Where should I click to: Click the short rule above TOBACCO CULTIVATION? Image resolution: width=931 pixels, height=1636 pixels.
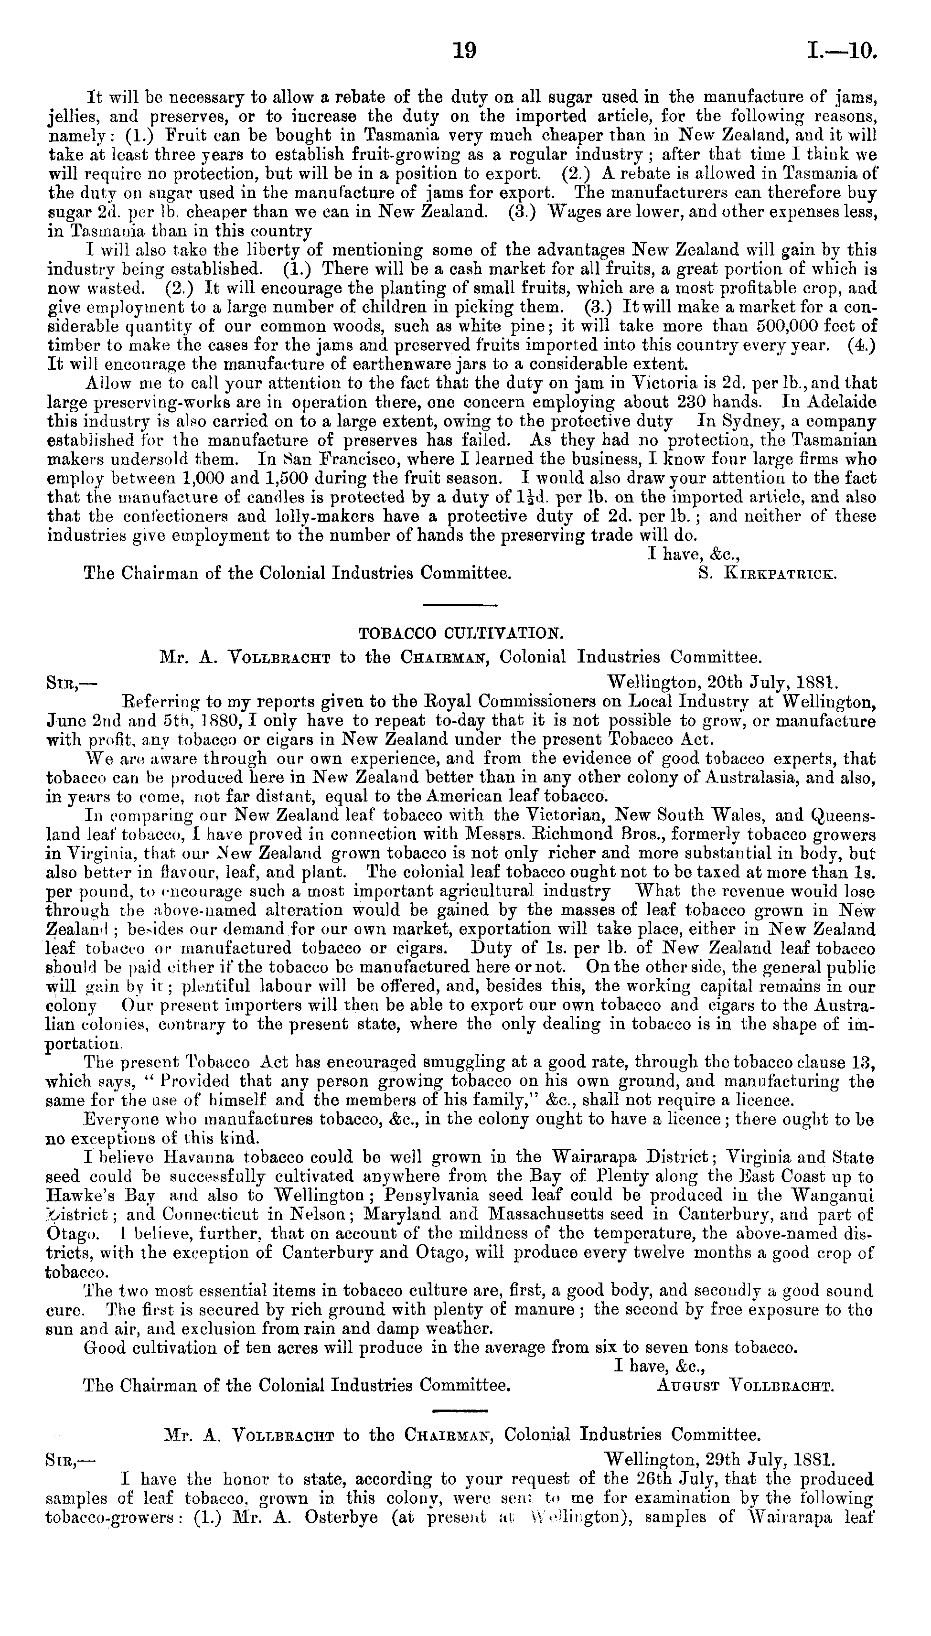coord(461,605)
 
